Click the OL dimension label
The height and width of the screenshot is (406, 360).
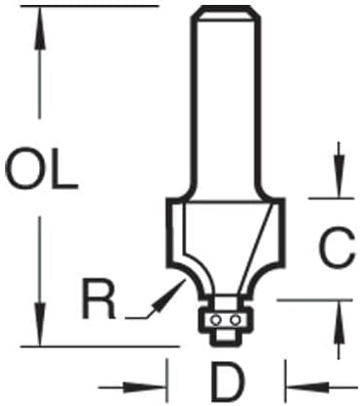[41, 168]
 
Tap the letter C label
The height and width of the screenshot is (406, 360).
[337, 247]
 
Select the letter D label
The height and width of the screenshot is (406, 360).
[228, 383]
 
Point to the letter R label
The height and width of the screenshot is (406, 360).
[99, 299]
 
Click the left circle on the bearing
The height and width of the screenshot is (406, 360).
[214, 321]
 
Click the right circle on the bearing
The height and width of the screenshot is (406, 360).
[234, 321]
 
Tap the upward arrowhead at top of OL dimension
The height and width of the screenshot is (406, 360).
[40, 28]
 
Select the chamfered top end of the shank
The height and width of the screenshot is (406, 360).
[227, 13]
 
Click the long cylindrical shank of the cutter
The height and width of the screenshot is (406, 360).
[227, 105]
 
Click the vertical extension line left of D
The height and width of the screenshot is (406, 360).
[167, 381]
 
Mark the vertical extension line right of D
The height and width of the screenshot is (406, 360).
[286, 381]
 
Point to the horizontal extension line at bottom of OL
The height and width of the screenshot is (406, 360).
[100, 346]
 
